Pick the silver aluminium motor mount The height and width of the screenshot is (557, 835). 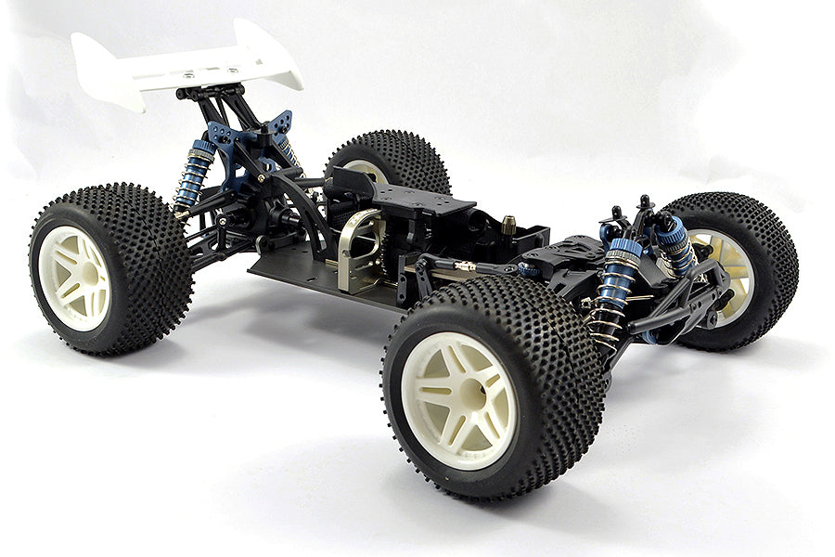point(357,246)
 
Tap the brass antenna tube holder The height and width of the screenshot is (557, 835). point(509,224)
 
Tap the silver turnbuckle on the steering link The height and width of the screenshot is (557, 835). point(464,266)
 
